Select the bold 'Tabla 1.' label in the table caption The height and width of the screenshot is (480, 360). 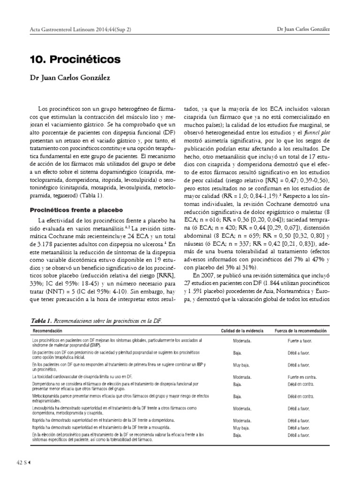coord(42,320)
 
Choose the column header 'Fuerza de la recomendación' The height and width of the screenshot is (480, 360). coord(301,331)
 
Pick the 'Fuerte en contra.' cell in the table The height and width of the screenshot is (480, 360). coord(302,376)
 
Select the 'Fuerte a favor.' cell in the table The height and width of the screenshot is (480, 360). coord(300,341)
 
